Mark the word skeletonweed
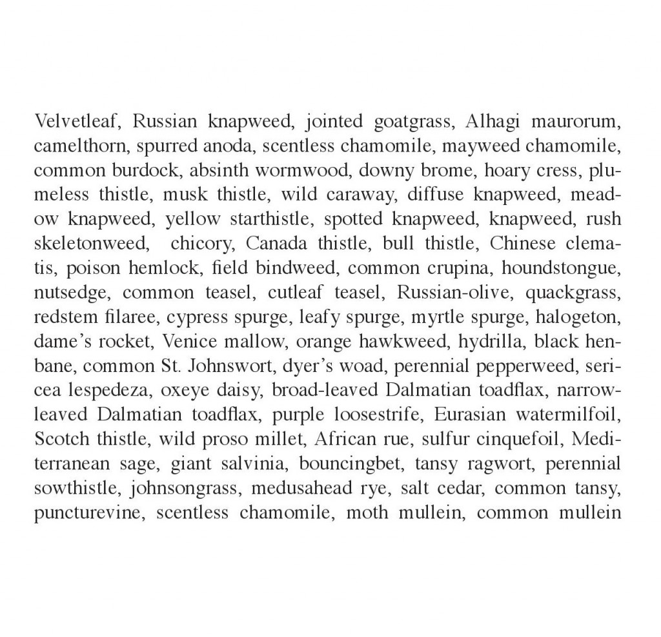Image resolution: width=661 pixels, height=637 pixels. (93, 244)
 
